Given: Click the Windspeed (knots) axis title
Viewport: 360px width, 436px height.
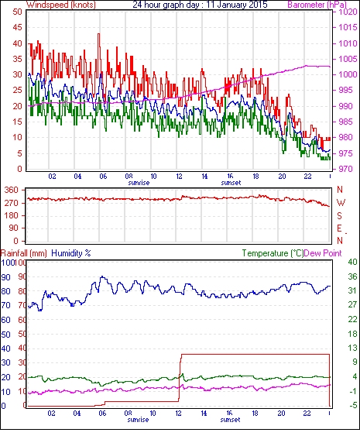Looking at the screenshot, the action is click(61, 5).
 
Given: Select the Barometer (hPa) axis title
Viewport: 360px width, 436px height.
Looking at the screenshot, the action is click(317, 5).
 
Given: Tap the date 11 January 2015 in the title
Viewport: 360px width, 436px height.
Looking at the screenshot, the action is click(237, 5).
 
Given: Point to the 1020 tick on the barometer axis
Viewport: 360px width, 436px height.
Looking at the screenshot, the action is click(348, 12).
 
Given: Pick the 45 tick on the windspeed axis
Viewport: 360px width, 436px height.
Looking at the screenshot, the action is click(17, 27).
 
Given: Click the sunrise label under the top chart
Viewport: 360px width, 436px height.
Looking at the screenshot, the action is click(139, 183).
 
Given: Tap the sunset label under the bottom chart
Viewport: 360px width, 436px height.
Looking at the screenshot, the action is click(230, 419).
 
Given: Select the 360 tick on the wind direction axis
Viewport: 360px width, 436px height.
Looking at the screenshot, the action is click(11, 191).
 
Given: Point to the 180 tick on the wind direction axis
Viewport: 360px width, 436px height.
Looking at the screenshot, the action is click(11, 216).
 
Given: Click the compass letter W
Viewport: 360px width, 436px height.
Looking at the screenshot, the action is click(341, 203).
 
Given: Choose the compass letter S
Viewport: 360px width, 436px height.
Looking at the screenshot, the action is click(339, 216).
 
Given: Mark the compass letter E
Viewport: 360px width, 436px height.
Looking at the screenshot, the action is click(339, 228).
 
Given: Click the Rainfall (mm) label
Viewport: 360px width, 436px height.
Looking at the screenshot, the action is click(24, 253).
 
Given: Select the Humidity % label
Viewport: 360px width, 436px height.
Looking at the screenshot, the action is click(71, 253).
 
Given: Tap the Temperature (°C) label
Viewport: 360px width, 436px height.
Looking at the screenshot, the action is click(273, 253).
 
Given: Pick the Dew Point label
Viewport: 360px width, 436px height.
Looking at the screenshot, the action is click(323, 253).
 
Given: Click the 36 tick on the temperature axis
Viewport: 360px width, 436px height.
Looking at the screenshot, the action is click(352, 276).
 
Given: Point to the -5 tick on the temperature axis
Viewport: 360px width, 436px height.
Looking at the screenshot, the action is click(352, 406).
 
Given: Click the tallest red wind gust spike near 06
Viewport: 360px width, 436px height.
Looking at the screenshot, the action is click(98, 34).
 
